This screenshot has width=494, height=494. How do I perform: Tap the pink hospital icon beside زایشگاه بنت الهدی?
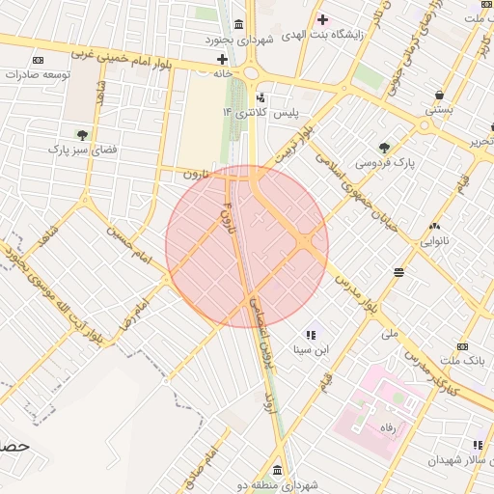322,19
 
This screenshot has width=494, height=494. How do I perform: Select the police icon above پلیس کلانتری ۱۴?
261,97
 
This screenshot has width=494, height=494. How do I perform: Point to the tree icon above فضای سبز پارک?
81,134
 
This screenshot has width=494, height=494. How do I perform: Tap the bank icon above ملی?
399,272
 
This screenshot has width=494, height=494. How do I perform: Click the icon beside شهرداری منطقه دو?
278,471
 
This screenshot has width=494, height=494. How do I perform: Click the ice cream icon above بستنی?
440,96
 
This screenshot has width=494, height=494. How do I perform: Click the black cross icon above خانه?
223,59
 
